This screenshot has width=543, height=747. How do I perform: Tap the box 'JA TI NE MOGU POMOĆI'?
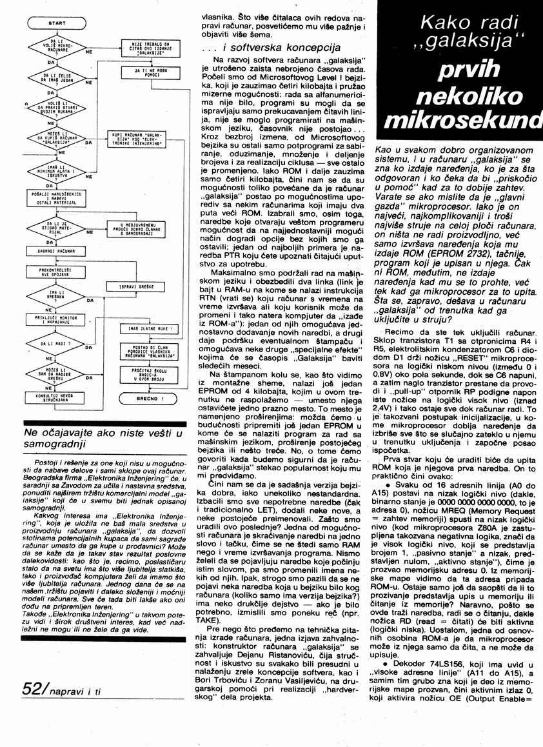click(x=147, y=72)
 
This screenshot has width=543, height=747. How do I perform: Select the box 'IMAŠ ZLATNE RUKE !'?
click(x=147, y=328)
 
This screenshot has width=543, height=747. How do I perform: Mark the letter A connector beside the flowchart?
click(x=25, y=103)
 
